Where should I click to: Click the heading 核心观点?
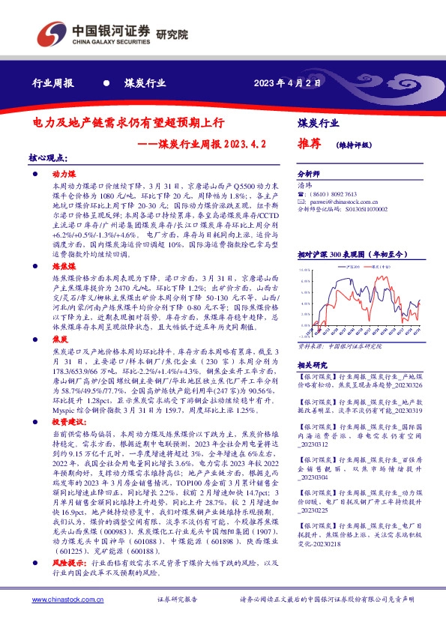coord(46,158)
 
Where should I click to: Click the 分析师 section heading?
coord(309,173)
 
